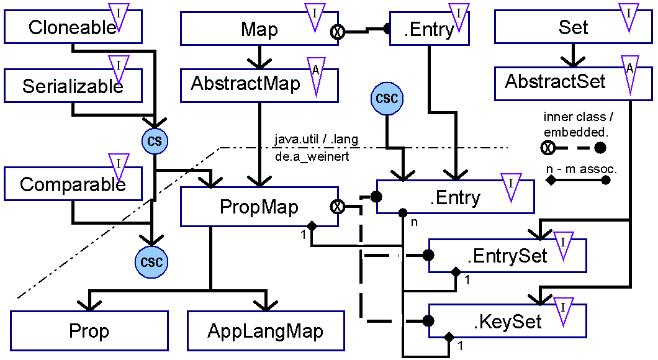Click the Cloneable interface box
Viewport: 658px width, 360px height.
coord(73,27)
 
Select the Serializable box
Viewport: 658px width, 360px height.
coord(73,86)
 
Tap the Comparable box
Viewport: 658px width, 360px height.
coord(73,184)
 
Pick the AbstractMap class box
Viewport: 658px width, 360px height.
coord(259,86)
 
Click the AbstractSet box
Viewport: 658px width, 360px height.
coord(573,83)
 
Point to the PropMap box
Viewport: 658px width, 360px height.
coord(259,207)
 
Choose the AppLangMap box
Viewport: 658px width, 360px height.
coord(266,331)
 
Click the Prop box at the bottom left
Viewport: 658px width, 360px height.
coord(89,331)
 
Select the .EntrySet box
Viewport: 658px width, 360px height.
coord(507,256)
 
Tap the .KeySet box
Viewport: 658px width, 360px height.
coord(507,321)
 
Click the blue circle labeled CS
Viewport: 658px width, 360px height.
coord(155,141)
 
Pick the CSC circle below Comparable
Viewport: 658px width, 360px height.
coord(151,262)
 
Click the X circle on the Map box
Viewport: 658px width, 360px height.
coord(337,32)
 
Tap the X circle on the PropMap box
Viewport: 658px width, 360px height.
coord(337,207)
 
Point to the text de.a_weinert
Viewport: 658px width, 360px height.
coord(312,157)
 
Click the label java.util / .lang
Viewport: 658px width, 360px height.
coord(317,139)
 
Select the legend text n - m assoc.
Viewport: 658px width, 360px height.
coord(582,169)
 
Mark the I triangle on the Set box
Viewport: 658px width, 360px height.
coord(629,17)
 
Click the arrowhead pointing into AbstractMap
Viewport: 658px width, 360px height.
coord(259,63)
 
